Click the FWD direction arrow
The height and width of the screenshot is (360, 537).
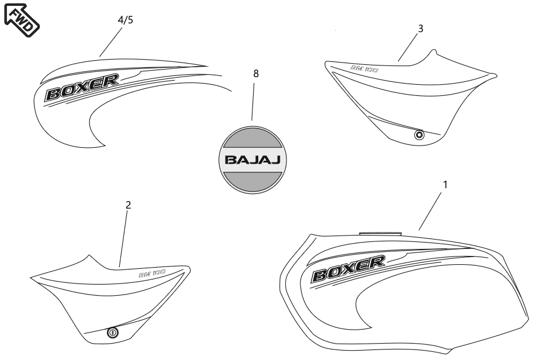click(x=22, y=19)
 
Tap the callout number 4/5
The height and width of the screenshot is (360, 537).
click(x=126, y=20)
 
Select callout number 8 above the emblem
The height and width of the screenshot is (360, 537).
click(x=256, y=74)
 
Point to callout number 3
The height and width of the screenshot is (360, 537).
click(x=421, y=29)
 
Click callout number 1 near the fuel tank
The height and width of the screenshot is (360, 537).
click(x=445, y=185)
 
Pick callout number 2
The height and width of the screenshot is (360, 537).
click(x=128, y=205)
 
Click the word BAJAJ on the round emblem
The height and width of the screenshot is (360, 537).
click(x=252, y=160)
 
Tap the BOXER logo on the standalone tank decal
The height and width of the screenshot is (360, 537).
click(x=82, y=88)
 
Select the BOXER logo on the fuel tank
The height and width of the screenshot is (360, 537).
click(x=348, y=269)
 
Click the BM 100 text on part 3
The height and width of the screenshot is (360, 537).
click(x=365, y=69)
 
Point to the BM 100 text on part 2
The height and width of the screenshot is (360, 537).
click(x=153, y=274)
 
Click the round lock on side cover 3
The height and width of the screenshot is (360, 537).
click(x=419, y=135)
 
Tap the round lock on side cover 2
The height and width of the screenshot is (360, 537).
click(x=113, y=333)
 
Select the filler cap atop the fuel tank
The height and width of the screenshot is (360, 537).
click(x=380, y=233)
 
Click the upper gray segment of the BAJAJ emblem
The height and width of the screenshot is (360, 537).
click(x=252, y=137)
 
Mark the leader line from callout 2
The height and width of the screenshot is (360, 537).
click(x=123, y=240)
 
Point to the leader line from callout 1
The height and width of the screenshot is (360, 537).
click(x=430, y=211)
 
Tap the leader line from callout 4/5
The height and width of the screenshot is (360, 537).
click(x=111, y=42)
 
